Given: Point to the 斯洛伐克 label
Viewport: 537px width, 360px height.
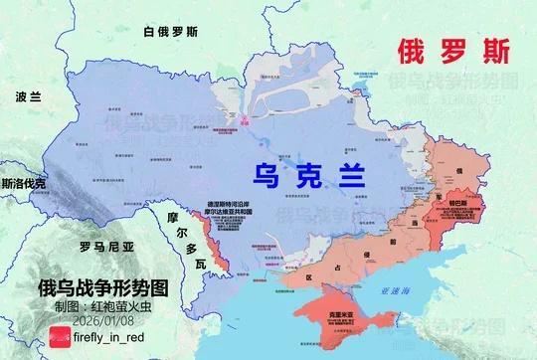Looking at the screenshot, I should [x=23, y=184].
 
